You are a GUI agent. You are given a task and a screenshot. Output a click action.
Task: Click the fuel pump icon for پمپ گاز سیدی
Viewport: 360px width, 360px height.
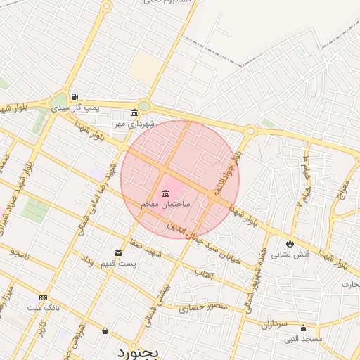coord(74,98)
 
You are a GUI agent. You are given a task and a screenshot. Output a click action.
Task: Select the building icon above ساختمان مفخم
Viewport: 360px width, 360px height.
coord(166,193)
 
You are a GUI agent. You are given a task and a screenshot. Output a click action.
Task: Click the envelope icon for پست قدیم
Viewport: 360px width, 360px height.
coord(118,252)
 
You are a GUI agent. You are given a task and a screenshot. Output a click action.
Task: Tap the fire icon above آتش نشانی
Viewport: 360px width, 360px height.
coord(290,243)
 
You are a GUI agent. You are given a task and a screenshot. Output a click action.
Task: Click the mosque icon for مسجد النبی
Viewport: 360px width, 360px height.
coord(303,328)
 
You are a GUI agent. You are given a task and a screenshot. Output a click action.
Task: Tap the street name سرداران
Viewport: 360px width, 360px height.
coord(275,325)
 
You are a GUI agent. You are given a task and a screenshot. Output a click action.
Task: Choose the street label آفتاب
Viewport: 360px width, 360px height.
coord(202,272)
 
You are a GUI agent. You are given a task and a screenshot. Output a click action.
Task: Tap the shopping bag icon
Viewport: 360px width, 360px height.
coord(105,330)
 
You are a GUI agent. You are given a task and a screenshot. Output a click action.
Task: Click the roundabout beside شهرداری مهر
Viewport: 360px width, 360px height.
coord(144,106)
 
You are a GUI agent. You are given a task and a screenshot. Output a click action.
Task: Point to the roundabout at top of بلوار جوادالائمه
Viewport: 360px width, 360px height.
coord(250,131)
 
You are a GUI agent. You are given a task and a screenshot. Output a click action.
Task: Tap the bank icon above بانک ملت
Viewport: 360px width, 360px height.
coord(44,298)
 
